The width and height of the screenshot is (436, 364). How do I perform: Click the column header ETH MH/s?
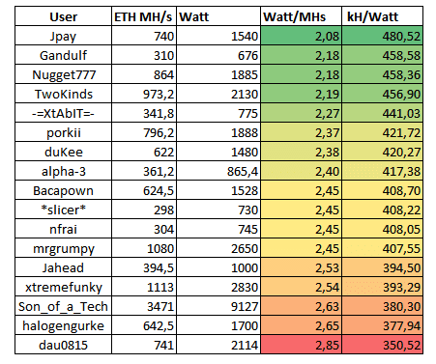143,16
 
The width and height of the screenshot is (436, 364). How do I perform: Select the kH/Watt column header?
372,16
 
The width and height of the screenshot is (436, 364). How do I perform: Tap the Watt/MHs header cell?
295,16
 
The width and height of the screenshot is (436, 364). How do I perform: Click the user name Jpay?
63,37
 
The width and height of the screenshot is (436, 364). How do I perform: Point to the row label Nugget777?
64,75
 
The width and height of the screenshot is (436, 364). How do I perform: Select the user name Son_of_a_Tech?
63,307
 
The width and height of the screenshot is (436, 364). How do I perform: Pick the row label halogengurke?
63,326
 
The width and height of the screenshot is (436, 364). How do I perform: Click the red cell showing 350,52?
382,345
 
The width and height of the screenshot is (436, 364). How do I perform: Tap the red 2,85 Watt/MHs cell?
301,345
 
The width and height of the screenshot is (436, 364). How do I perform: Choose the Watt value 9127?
245,306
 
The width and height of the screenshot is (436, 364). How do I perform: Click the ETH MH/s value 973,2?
159,95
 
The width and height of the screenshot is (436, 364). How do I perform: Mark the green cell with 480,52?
382,36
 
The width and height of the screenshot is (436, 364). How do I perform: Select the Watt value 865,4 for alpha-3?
243,172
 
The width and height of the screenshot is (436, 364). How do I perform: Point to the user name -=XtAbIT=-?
63,113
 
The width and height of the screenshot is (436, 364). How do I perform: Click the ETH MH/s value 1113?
160,287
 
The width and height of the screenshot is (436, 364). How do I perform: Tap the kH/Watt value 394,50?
401,268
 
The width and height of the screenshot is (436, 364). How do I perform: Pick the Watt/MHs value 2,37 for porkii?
327,133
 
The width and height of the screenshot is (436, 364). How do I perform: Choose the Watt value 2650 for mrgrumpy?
245,248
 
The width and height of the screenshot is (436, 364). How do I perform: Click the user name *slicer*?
63,210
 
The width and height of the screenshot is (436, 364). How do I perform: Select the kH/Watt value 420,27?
401,153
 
